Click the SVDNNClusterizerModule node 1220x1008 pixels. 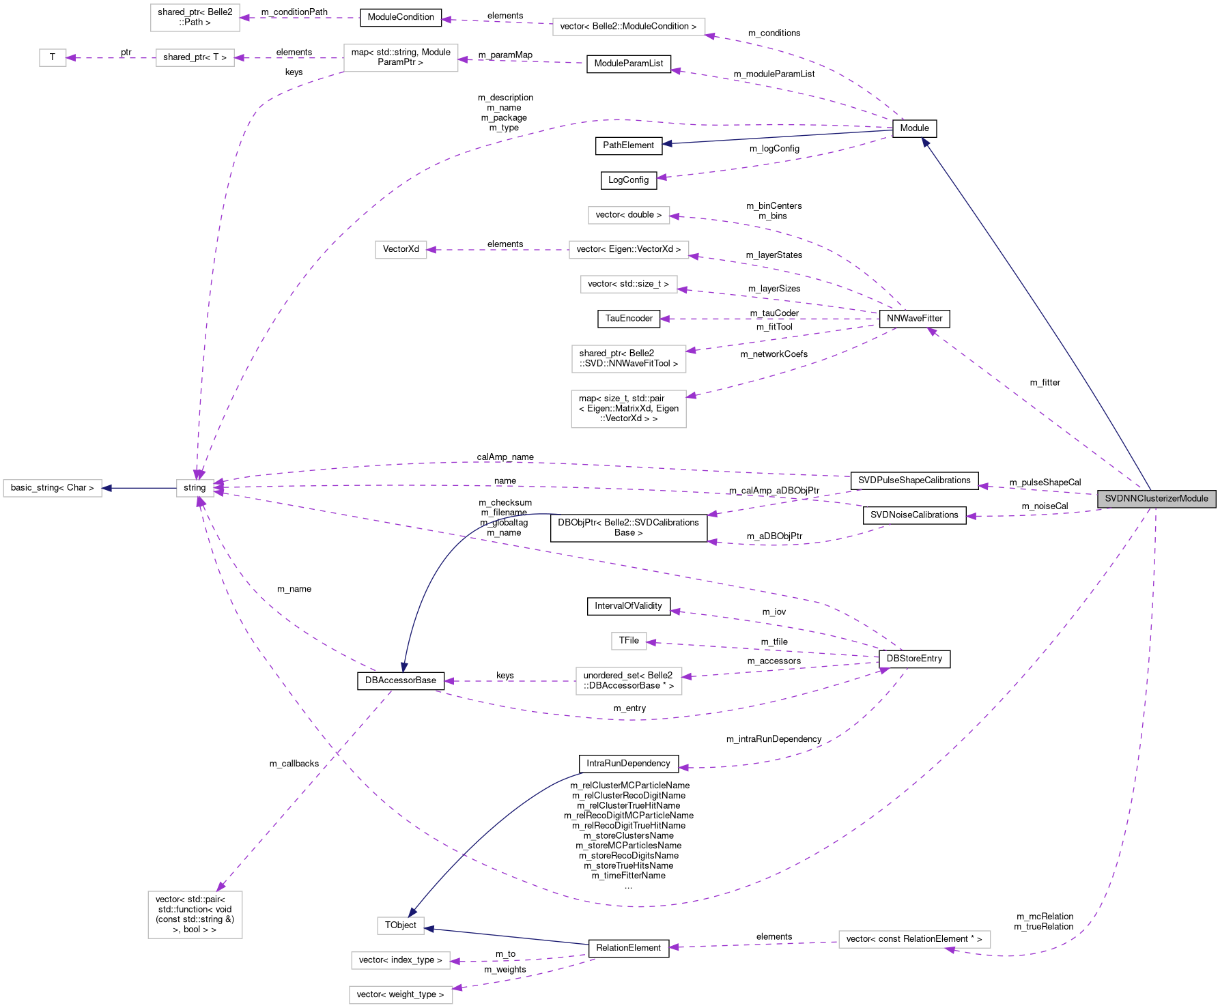tap(1157, 499)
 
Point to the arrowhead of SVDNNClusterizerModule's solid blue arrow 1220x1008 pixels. tap(925, 142)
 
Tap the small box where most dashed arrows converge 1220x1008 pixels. tap(195, 488)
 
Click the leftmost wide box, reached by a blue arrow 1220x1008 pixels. tap(53, 488)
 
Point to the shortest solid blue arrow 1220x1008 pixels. tap(139, 488)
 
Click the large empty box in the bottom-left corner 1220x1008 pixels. tap(195, 915)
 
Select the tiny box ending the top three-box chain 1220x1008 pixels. tap(53, 58)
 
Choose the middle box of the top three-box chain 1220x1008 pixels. tap(195, 58)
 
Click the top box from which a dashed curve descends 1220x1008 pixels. tap(401, 58)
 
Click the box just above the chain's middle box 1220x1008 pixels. tap(195, 18)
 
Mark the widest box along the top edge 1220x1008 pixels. tap(629, 27)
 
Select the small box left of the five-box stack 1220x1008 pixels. tap(401, 250)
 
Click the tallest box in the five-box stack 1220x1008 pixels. tap(629, 409)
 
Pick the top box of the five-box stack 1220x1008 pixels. tap(629, 215)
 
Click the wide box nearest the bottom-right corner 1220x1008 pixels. tap(914, 940)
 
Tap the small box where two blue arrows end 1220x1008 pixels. tap(401, 925)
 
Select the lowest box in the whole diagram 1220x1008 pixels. tap(401, 995)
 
